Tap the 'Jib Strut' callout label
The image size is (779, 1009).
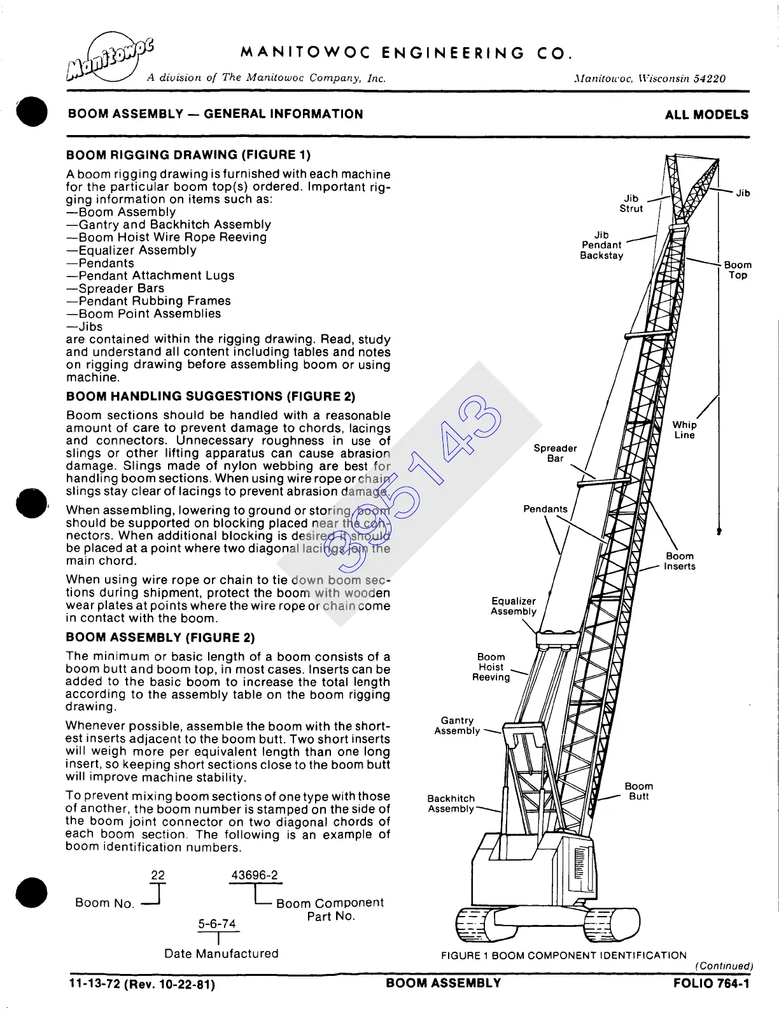[631, 203]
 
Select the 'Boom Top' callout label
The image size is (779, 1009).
[738, 270]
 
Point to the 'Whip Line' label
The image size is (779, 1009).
[684, 430]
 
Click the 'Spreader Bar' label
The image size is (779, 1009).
[555, 453]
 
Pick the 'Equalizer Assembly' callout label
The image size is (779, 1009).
[514, 606]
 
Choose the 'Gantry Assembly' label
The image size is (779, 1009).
[457, 726]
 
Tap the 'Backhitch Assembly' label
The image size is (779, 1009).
[451, 803]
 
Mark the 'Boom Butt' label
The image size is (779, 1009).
[638, 791]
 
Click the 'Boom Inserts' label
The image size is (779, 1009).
[679, 561]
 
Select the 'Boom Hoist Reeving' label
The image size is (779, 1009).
[491, 667]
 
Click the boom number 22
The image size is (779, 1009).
[157, 875]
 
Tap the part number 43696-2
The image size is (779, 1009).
[255, 875]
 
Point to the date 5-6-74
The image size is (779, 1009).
[217, 924]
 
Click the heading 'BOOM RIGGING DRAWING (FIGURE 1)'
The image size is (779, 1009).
[188, 155]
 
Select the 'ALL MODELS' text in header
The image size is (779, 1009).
[706, 115]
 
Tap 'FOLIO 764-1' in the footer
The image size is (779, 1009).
[711, 984]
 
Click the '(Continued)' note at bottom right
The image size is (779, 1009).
[724, 966]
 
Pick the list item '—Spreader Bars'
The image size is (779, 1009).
[115, 289]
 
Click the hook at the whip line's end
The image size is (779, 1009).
[719, 531]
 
